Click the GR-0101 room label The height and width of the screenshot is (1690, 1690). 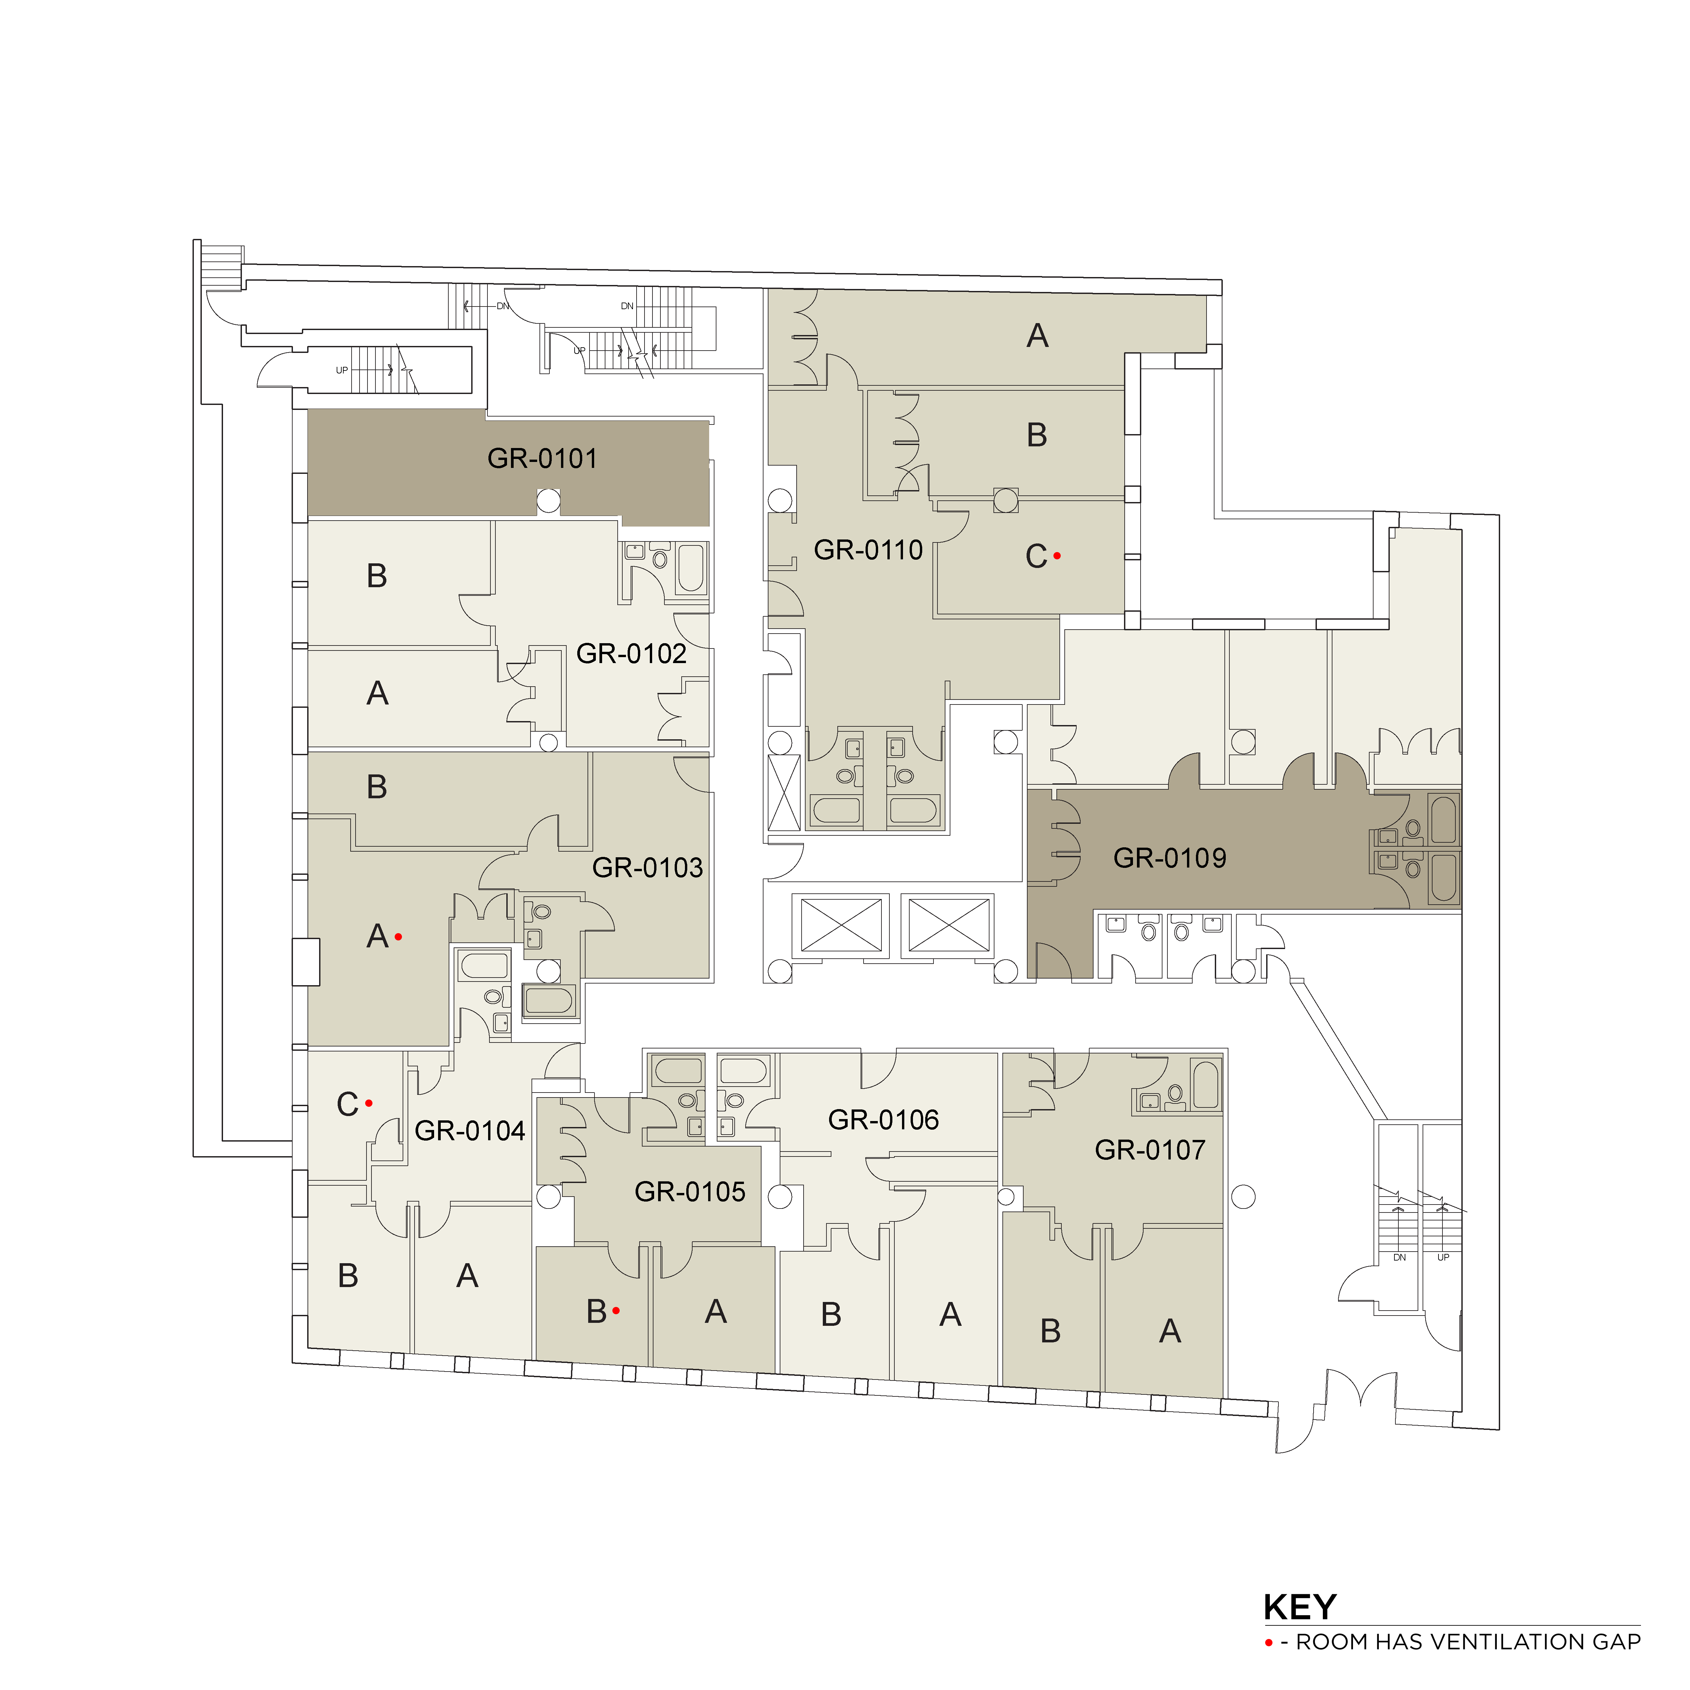[x=542, y=458]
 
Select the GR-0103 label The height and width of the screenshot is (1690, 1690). [x=647, y=868]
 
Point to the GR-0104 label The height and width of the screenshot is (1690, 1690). [x=470, y=1131]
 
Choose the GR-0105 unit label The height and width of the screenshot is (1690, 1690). [x=690, y=1191]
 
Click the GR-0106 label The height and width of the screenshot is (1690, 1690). [x=883, y=1120]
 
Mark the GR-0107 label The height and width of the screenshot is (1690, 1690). [x=1150, y=1150]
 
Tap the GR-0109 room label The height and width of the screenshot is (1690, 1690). [x=1169, y=858]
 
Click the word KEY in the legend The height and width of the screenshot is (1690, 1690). [x=1300, y=1607]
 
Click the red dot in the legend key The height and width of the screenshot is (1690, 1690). [x=1268, y=1643]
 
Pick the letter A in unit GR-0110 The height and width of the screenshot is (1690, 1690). [x=1038, y=336]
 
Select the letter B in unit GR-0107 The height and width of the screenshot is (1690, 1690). [x=1050, y=1330]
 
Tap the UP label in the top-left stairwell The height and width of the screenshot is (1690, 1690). [x=342, y=370]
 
